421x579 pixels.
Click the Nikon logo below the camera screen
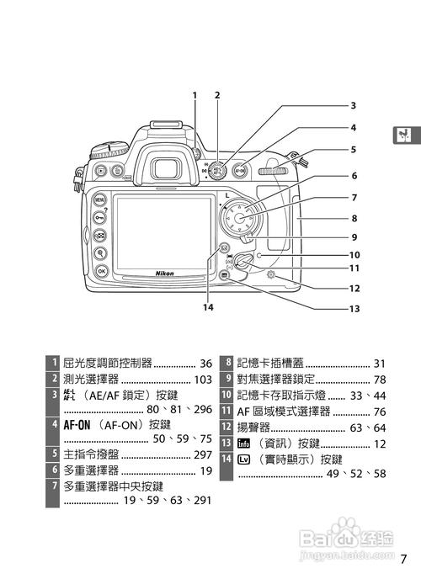click(x=165, y=273)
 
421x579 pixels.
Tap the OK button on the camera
click(x=101, y=271)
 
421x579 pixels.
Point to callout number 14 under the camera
click(x=208, y=307)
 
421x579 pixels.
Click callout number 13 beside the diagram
click(x=354, y=309)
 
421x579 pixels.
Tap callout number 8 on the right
click(x=354, y=217)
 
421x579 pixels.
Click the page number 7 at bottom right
click(x=403, y=558)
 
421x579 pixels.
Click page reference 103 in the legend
click(x=202, y=380)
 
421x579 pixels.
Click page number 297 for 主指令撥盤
click(x=202, y=454)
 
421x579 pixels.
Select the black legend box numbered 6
click(x=54, y=470)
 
